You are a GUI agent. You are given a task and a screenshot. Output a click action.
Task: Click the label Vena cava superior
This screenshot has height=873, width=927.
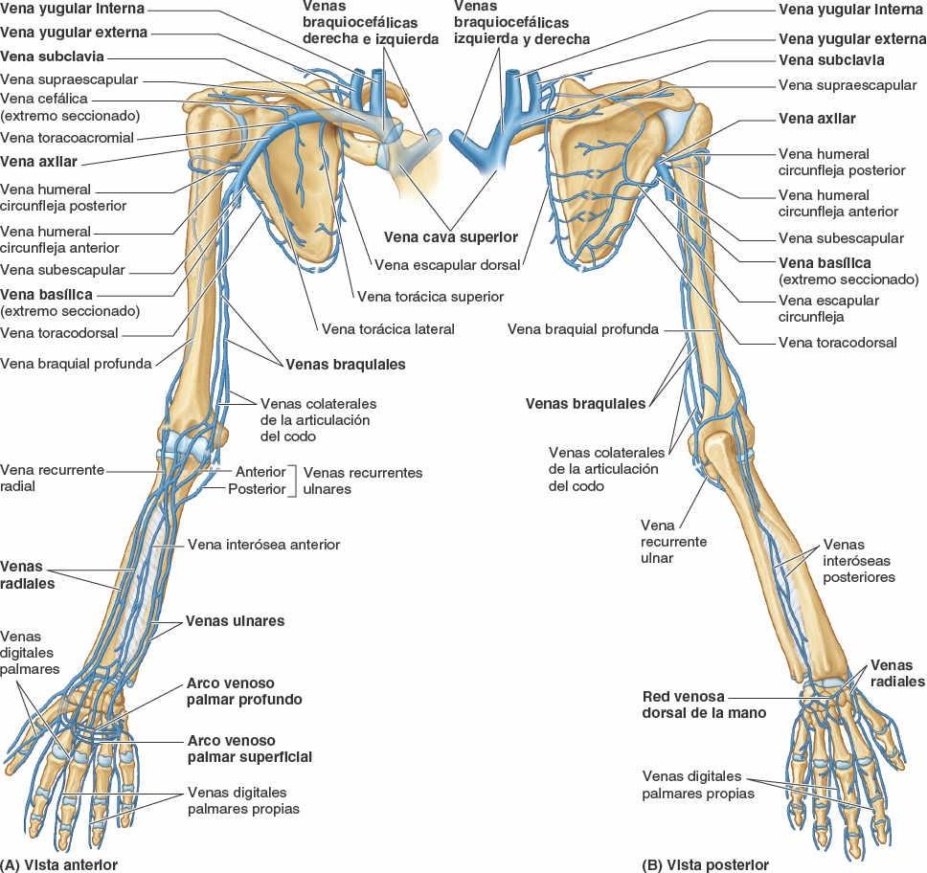tap(450, 236)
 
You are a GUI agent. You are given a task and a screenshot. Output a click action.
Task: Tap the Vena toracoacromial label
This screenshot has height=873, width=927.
tap(67, 138)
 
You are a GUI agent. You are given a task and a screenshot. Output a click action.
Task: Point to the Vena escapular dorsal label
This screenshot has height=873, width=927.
tap(447, 265)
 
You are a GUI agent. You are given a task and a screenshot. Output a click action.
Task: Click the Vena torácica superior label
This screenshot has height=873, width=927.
tap(429, 297)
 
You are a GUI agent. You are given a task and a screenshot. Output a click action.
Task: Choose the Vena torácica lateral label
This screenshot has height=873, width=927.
tap(388, 328)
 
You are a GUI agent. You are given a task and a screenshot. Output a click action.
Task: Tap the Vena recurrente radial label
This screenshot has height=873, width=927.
tap(52, 478)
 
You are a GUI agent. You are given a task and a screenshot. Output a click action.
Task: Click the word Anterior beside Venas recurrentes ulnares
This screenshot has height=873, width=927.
tap(260, 472)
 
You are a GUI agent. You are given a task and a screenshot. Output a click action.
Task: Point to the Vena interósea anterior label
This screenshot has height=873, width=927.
tap(264, 545)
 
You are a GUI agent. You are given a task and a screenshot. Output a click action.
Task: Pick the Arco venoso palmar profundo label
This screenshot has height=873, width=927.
tap(244, 692)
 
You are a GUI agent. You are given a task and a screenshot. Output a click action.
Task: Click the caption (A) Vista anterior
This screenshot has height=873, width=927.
tap(59, 864)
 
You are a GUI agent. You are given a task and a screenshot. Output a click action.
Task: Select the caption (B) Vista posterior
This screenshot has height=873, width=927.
tap(706, 864)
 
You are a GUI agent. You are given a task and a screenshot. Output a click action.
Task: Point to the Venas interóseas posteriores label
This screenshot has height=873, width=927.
tap(858, 561)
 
